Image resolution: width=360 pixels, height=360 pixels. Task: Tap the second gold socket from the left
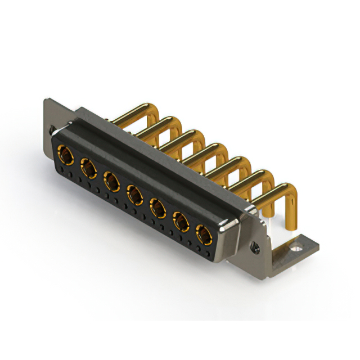88,167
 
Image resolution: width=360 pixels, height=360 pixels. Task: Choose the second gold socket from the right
181,222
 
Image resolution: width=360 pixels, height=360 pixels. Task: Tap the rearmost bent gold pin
138,111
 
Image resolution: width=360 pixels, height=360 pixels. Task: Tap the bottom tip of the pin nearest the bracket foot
291,227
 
